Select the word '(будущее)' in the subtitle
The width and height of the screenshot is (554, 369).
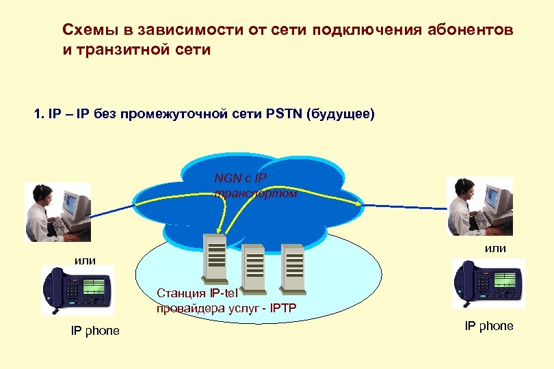[x=342, y=113]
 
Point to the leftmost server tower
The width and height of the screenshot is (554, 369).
[x=214, y=258]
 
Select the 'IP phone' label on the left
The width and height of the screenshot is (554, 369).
[x=95, y=331]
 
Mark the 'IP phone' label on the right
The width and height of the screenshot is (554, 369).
[x=489, y=326]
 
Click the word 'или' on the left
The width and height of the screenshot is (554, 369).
[x=85, y=260]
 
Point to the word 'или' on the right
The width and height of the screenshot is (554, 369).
[x=496, y=248]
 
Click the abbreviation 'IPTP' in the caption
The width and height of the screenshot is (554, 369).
[x=282, y=307]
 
